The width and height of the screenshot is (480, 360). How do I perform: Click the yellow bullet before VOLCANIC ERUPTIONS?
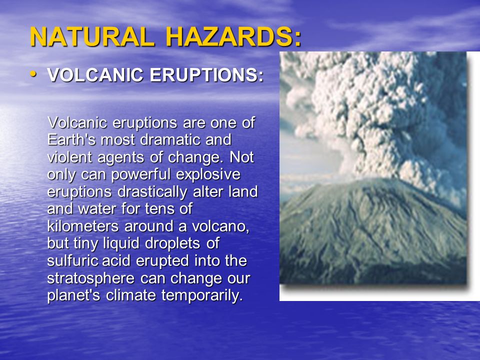pyautogui.click(x=33, y=74)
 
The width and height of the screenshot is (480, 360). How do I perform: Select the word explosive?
pyautogui.click(x=208, y=174)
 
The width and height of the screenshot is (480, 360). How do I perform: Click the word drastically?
pyautogui.click(x=152, y=192)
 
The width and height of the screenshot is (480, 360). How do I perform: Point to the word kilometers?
pyautogui.click(x=83, y=226)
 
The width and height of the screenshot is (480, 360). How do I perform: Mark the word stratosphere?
pyautogui.click(x=91, y=278)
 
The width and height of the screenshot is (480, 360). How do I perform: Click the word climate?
pyautogui.click(x=131, y=295)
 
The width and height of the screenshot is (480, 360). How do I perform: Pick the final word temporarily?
pyautogui.click(x=202, y=295)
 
